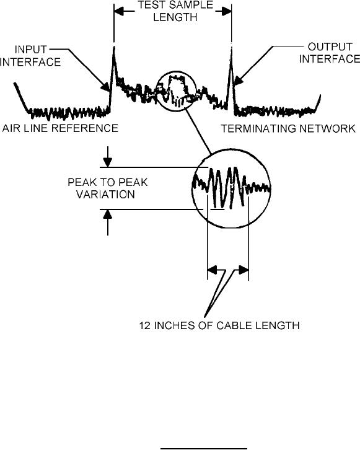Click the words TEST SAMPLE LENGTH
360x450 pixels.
click(x=175, y=11)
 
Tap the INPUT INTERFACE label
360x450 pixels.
click(x=30, y=56)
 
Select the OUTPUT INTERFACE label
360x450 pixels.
click(x=329, y=53)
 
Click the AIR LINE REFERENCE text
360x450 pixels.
click(x=60, y=128)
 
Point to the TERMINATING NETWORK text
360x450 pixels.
click(x=288, y=128)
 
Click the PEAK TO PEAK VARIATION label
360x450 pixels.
click(x=108, y=188)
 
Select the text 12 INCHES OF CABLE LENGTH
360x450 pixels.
click(x=219, y=325)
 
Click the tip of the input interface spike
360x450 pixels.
click(x=114, y=46)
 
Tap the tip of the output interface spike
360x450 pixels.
click(x=231, y=48)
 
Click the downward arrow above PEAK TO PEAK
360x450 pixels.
click(x=108, y=157)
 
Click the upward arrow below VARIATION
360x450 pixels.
click(x=108, y=223)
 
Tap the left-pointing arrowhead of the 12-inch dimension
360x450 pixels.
click(x=213, y=270)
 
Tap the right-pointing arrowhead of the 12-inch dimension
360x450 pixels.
click(x=244, y=270)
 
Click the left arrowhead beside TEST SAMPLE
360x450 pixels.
click(x=120, y=11)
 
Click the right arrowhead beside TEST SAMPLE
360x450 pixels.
click(x=226, y=11)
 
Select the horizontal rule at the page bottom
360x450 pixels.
click(x=204, y=448)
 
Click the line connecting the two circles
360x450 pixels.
click(x=198, y=131)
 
